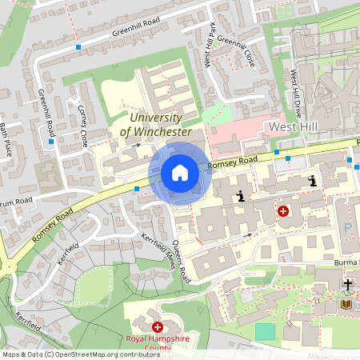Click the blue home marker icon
point(179,173)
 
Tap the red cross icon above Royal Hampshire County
point(158,327)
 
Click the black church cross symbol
point(348,284)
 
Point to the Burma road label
point(345,262)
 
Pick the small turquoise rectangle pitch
point(265,330)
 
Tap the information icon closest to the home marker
point(240,195)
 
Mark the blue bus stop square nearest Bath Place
point(50,142)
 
